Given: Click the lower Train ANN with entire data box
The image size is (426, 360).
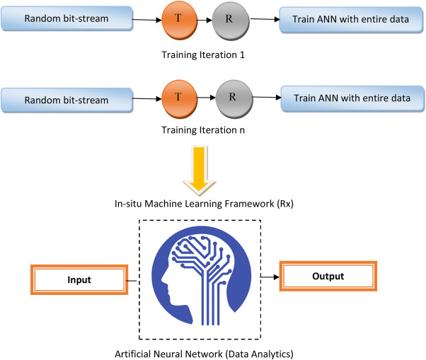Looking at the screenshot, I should [x=351, y=99].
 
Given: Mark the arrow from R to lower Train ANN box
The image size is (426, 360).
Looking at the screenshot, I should [x=263, y=99].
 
